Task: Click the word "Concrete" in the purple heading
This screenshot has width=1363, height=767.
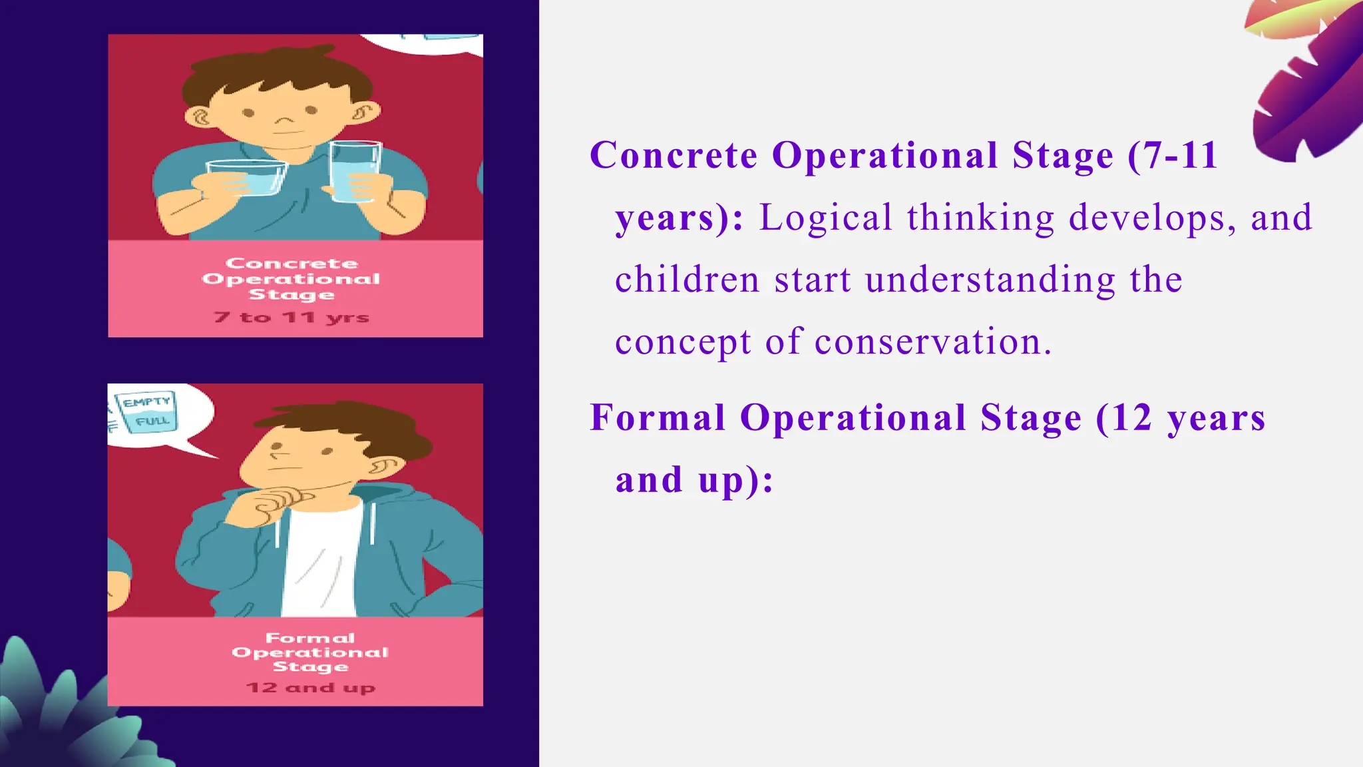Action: (x=674, y=156)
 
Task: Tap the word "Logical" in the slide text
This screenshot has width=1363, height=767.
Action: (x=825, y=218)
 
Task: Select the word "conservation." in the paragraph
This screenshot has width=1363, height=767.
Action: (x=933, y=342)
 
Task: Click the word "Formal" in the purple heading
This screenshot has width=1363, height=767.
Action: (x=657, y=418)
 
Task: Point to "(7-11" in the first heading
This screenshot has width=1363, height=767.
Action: (x=1173, y=156)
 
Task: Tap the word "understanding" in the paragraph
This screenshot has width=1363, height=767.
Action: (x=990, y=280)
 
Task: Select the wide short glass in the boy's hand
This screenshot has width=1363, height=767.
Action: (x=246, y=178)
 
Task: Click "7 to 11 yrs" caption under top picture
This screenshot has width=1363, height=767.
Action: (x=292, y=318)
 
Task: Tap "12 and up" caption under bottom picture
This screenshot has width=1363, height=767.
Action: (x=311, y=687)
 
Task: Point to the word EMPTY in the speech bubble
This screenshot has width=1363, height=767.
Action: (x=147, y=401)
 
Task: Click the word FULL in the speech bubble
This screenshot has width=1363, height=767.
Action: (x=152, y=421)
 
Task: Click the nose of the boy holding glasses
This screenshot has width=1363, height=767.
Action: (x=285, y=121)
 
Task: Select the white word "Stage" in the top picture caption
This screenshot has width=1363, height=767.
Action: (x=292, y=294)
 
